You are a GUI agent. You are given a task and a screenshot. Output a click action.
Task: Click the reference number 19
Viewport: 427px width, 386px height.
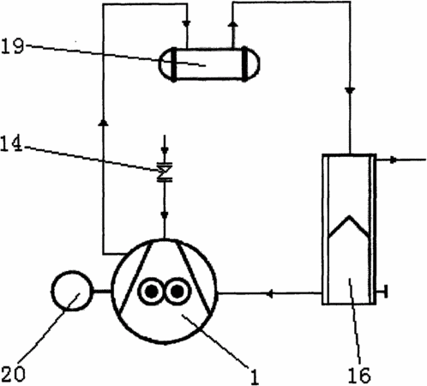12,46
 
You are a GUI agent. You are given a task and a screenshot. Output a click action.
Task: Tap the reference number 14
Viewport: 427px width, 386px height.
11,144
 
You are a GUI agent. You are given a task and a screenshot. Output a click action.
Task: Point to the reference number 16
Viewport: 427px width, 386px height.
359,375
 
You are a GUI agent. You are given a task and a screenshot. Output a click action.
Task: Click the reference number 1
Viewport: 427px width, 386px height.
254,376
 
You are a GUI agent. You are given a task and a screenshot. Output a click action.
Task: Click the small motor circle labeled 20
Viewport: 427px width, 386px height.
72,291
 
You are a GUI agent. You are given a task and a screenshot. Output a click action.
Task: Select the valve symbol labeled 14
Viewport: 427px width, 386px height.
165,172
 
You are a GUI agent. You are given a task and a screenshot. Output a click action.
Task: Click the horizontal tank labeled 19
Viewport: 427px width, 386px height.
209,64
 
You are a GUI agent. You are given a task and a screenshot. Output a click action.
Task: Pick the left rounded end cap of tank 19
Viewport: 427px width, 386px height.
166,64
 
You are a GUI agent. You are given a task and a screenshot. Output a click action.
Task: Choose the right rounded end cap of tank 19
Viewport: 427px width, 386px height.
252,64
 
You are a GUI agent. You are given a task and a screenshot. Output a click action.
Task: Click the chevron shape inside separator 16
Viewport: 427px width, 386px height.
349,226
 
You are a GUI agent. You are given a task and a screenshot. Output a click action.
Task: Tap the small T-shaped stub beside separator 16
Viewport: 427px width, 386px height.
382,292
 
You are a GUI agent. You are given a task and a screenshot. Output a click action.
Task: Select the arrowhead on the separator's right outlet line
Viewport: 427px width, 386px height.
394,160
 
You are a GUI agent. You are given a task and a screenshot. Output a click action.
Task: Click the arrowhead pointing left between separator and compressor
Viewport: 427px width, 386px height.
269,293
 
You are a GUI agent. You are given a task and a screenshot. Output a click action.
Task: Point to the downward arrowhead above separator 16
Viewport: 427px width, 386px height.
350,91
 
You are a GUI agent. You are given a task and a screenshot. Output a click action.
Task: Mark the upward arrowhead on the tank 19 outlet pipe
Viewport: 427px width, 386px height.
234,24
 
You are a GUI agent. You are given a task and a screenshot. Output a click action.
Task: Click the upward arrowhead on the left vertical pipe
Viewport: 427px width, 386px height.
103,123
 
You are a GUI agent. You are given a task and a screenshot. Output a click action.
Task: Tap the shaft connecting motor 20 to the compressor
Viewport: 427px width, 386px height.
102,292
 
